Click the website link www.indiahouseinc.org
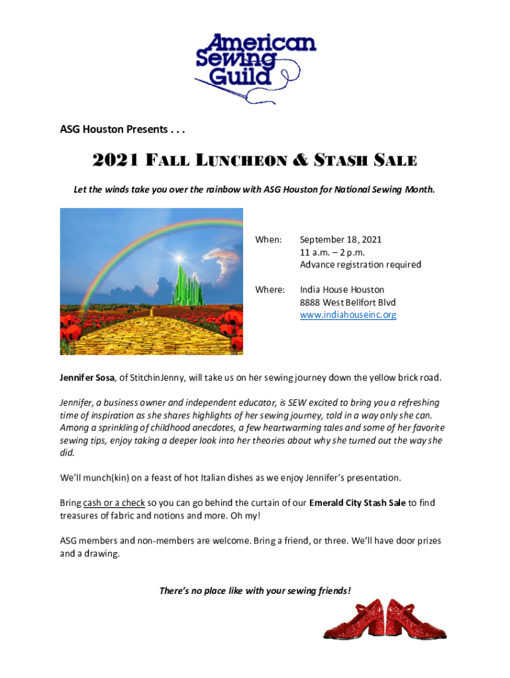(x=348, y=315)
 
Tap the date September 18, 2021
(x=340, y=240)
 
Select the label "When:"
(x=269, y=240)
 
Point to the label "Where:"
(x=270, y=290)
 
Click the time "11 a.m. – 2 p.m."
(x=332, y=252)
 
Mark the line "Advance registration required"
(x=360, y=265)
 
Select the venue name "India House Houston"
(x=342, y=290)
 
